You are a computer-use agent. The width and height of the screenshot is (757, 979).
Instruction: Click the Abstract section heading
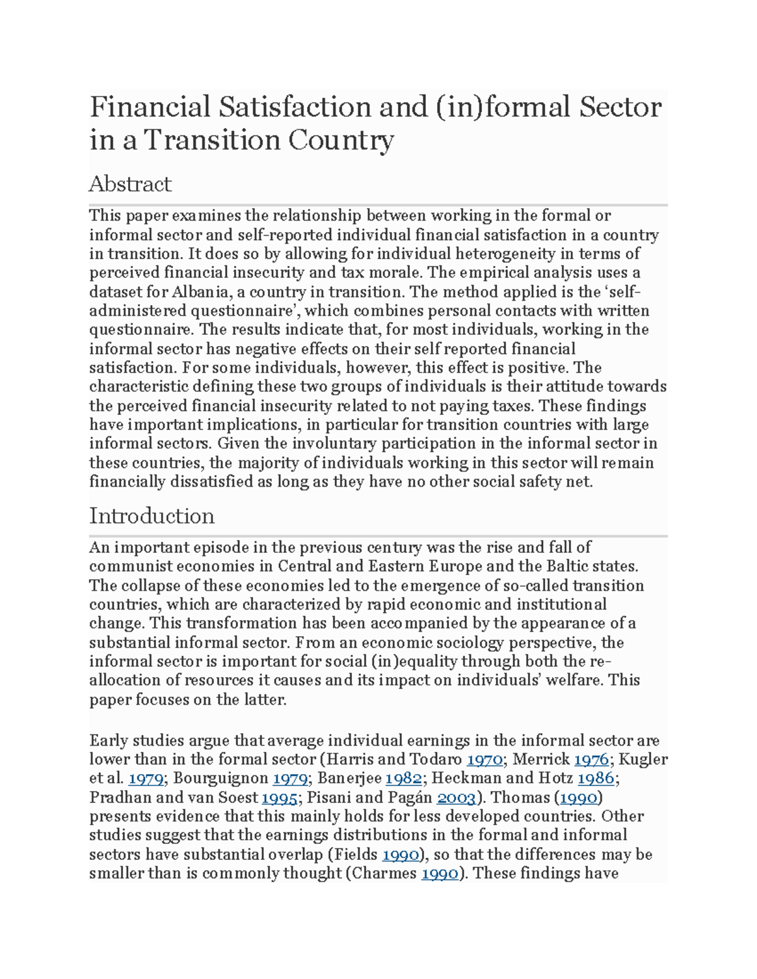[x=130, y=183]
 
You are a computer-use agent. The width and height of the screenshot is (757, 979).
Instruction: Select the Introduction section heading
[x=151, y=516]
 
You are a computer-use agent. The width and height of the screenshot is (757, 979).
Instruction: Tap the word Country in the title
[x=341, y=140]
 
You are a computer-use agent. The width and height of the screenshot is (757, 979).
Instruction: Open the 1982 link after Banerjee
[x=404, y=779]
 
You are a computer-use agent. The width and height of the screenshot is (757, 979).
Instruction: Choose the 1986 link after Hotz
[x=596, y=779]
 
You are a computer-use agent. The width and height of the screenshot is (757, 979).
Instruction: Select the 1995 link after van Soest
[x=279, y=797]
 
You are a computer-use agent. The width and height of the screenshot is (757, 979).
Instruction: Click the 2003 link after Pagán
[x=456, y=797]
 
